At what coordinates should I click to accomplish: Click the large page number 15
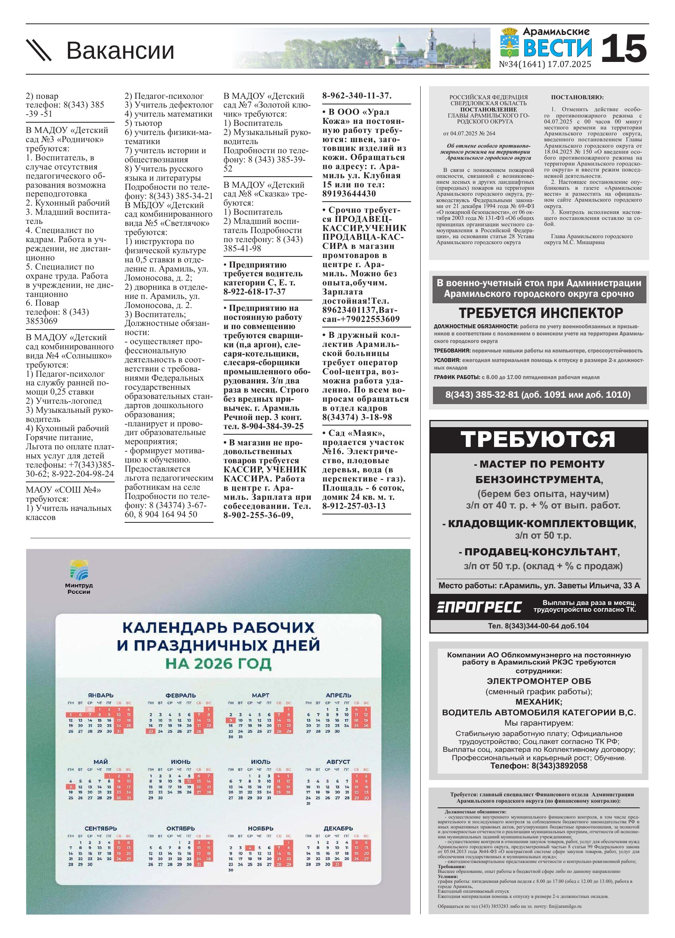623,48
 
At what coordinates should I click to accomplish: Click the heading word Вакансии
120,50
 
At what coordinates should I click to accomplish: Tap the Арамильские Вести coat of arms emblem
510,42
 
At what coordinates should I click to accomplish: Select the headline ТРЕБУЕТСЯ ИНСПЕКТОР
540,313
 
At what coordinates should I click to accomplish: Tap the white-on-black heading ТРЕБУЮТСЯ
538,439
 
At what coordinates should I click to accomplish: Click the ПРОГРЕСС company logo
479,607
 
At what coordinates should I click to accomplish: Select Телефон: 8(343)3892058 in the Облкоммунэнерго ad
538,766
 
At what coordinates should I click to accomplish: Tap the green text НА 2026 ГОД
218,663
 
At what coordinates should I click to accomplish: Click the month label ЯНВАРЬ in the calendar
100,695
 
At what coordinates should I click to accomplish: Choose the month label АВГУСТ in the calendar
338,761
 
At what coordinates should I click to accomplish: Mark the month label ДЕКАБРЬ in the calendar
338,828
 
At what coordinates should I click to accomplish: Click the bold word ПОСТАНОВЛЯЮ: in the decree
577,97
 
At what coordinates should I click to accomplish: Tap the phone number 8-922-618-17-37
254,292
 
